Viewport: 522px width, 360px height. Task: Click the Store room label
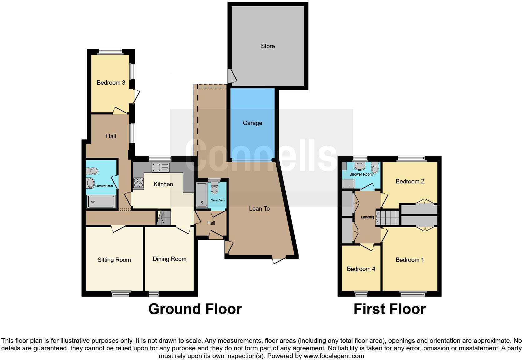point(268,46)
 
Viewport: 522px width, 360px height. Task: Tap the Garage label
point(252,123)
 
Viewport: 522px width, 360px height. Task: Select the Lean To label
point(259,208)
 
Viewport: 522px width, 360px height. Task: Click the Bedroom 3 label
point(111,83)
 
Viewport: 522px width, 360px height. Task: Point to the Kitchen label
point(163,184)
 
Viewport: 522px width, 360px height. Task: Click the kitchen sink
point(160,168)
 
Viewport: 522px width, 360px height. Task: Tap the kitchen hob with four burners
point(138,183)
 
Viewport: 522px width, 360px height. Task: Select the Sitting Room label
point(114,260)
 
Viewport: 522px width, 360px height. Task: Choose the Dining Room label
point(169,259)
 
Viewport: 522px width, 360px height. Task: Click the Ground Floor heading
point(195,309)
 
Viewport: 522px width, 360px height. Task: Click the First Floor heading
point(389,309)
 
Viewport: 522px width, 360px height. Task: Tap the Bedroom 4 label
point(361,269)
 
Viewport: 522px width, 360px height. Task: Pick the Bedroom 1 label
point(410,260)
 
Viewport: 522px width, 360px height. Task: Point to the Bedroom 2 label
point(410,182)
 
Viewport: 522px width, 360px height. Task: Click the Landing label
point(367,217)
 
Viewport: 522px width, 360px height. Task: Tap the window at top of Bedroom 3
point(110,52)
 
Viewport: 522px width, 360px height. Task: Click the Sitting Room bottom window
point(121,293)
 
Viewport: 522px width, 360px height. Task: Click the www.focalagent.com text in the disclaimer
point(333,356)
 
